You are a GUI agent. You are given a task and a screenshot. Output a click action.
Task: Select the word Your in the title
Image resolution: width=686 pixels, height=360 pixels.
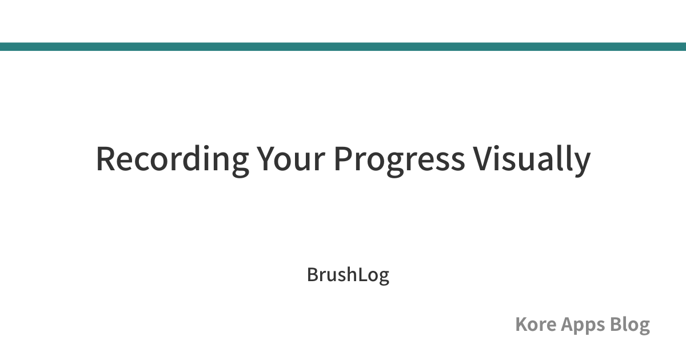[x=290, y=159]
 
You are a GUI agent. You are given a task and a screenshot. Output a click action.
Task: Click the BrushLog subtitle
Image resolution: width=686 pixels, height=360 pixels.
[x=348, y=275]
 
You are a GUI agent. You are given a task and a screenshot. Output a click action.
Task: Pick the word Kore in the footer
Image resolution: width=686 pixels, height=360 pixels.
[x=536, y=324]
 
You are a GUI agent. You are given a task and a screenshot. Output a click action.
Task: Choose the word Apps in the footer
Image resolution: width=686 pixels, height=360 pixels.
[x=583, y=326]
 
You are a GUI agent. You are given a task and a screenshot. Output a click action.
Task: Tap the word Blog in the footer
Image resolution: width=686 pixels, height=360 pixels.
[x=629, y=325]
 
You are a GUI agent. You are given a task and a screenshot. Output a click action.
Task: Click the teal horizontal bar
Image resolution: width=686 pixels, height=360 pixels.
[x=343, y=46]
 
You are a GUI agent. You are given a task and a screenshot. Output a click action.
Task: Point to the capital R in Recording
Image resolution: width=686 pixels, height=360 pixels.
[x=106, y=159]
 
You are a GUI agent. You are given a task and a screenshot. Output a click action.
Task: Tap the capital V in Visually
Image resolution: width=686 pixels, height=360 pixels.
[x=483, y=159]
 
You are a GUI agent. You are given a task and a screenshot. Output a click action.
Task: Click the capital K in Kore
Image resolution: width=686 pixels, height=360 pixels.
[x=522, y=324]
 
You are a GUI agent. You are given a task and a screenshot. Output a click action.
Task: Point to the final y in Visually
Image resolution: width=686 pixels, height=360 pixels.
[x=582, y=165]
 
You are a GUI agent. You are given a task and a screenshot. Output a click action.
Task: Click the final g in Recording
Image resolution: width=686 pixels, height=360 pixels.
[x=241, y=165]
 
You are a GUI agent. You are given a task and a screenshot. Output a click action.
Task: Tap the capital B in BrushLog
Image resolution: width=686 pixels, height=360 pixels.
[x=312, y=274]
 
